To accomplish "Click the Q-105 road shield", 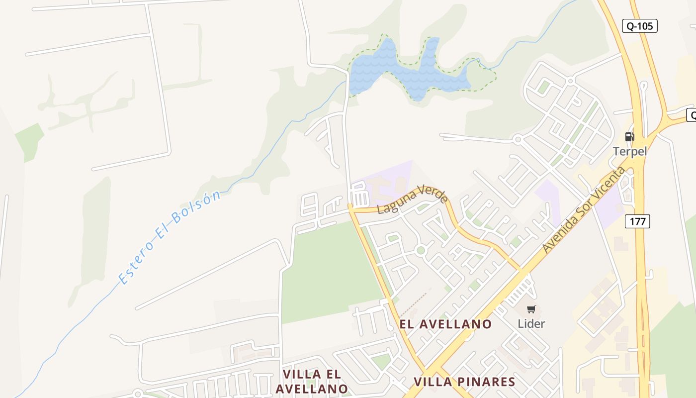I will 640,26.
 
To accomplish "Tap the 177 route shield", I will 637,221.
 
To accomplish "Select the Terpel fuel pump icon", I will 629,136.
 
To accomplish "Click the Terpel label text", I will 630,151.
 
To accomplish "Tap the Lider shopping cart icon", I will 531,309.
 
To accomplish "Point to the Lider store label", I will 531,324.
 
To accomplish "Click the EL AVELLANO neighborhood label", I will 445,324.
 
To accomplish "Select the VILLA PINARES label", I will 464,382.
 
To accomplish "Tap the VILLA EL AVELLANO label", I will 312,381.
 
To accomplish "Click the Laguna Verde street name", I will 412,199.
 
